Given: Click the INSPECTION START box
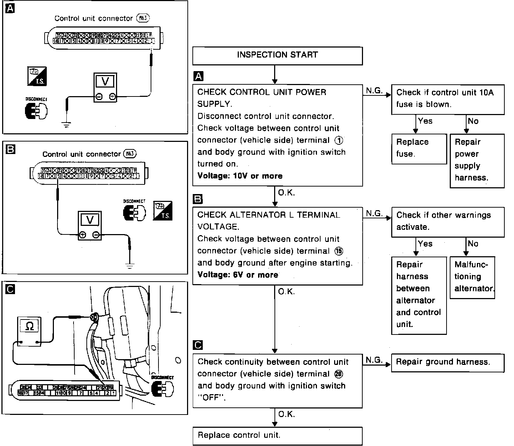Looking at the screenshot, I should (277, 55).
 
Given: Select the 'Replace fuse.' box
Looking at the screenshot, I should (419, 148).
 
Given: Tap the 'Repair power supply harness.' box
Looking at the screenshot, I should (477, 160).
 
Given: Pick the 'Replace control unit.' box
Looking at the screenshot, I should (277, 436).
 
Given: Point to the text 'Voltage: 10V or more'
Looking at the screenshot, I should (240, 176).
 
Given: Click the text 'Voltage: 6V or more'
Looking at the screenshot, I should (238, 275).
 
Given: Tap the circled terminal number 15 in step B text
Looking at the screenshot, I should (339, 251).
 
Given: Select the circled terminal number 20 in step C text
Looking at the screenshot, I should (338, 374).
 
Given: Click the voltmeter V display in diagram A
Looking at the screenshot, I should (105, 81).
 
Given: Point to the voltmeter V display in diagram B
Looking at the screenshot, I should (90, 219).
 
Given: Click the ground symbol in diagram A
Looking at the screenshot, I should (66, 124).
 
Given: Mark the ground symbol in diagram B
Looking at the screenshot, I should (130, 266).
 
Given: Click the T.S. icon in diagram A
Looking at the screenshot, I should (37, 76).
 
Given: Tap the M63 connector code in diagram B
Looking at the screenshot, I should (130, 154).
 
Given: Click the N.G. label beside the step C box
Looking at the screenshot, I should (373, 360).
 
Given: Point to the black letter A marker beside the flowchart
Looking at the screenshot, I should (198, 76).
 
